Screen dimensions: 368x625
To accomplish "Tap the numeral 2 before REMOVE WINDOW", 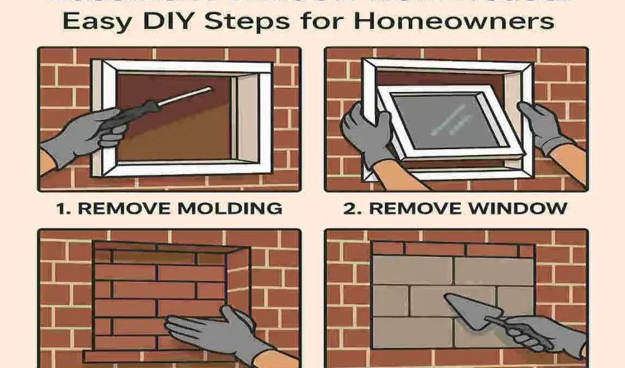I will coord(349,209).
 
